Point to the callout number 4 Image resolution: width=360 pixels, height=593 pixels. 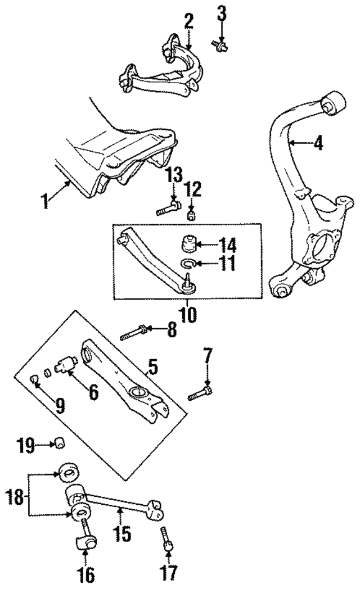pyautogui.click(x=318, y=144)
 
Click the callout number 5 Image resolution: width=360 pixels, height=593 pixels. pyautogui.click(x=152, y=367)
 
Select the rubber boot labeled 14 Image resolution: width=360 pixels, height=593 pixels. pyautogui.click(x=187, y=245)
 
